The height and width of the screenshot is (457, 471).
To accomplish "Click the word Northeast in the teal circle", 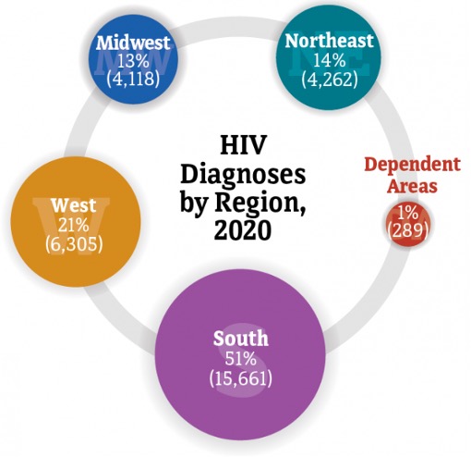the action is pyautogui.click(x=329, y=41).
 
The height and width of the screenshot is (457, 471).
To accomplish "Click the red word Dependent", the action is pyautogui.click(x=411, y=166).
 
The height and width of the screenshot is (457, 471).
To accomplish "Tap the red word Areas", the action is pyautogui.click(x=412, y=186).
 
